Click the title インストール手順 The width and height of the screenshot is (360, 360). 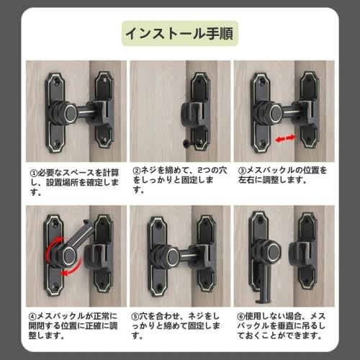click(x=179, y=33)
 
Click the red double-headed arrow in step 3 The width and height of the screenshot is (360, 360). click(x=286, y=137)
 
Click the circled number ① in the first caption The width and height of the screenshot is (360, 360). click(x=34, y=174)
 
